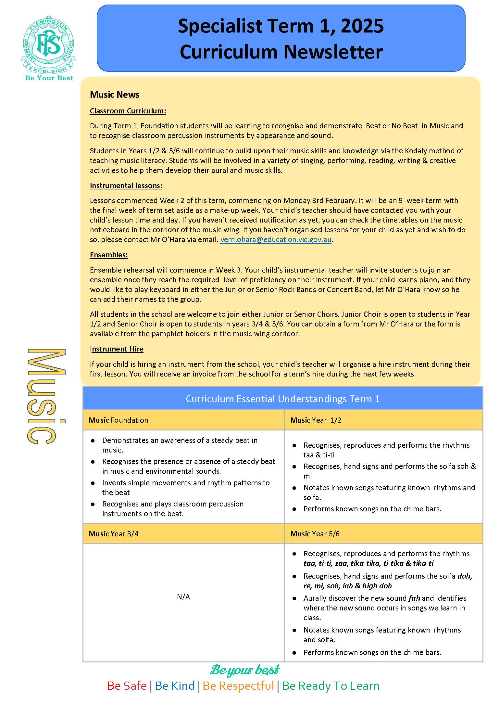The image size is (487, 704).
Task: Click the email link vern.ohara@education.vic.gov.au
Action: point(276,240)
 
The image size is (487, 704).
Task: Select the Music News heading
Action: point(115,95)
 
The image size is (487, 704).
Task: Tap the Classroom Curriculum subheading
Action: point(128,111)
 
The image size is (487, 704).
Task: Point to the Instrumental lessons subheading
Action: point(126,186)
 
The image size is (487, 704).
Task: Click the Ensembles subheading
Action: point(109,255)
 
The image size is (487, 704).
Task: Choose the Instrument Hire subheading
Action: point(117,349)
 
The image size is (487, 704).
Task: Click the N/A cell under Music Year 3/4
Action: point(183,597)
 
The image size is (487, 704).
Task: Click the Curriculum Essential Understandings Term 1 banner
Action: point(282,399)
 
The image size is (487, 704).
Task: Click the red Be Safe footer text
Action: point(127,685)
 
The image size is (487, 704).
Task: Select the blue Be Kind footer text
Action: point(175,685)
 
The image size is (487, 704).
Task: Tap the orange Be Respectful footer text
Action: point(238,685)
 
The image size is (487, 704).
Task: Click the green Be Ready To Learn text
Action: point(331,685)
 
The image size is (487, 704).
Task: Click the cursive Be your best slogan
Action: point(244,670)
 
